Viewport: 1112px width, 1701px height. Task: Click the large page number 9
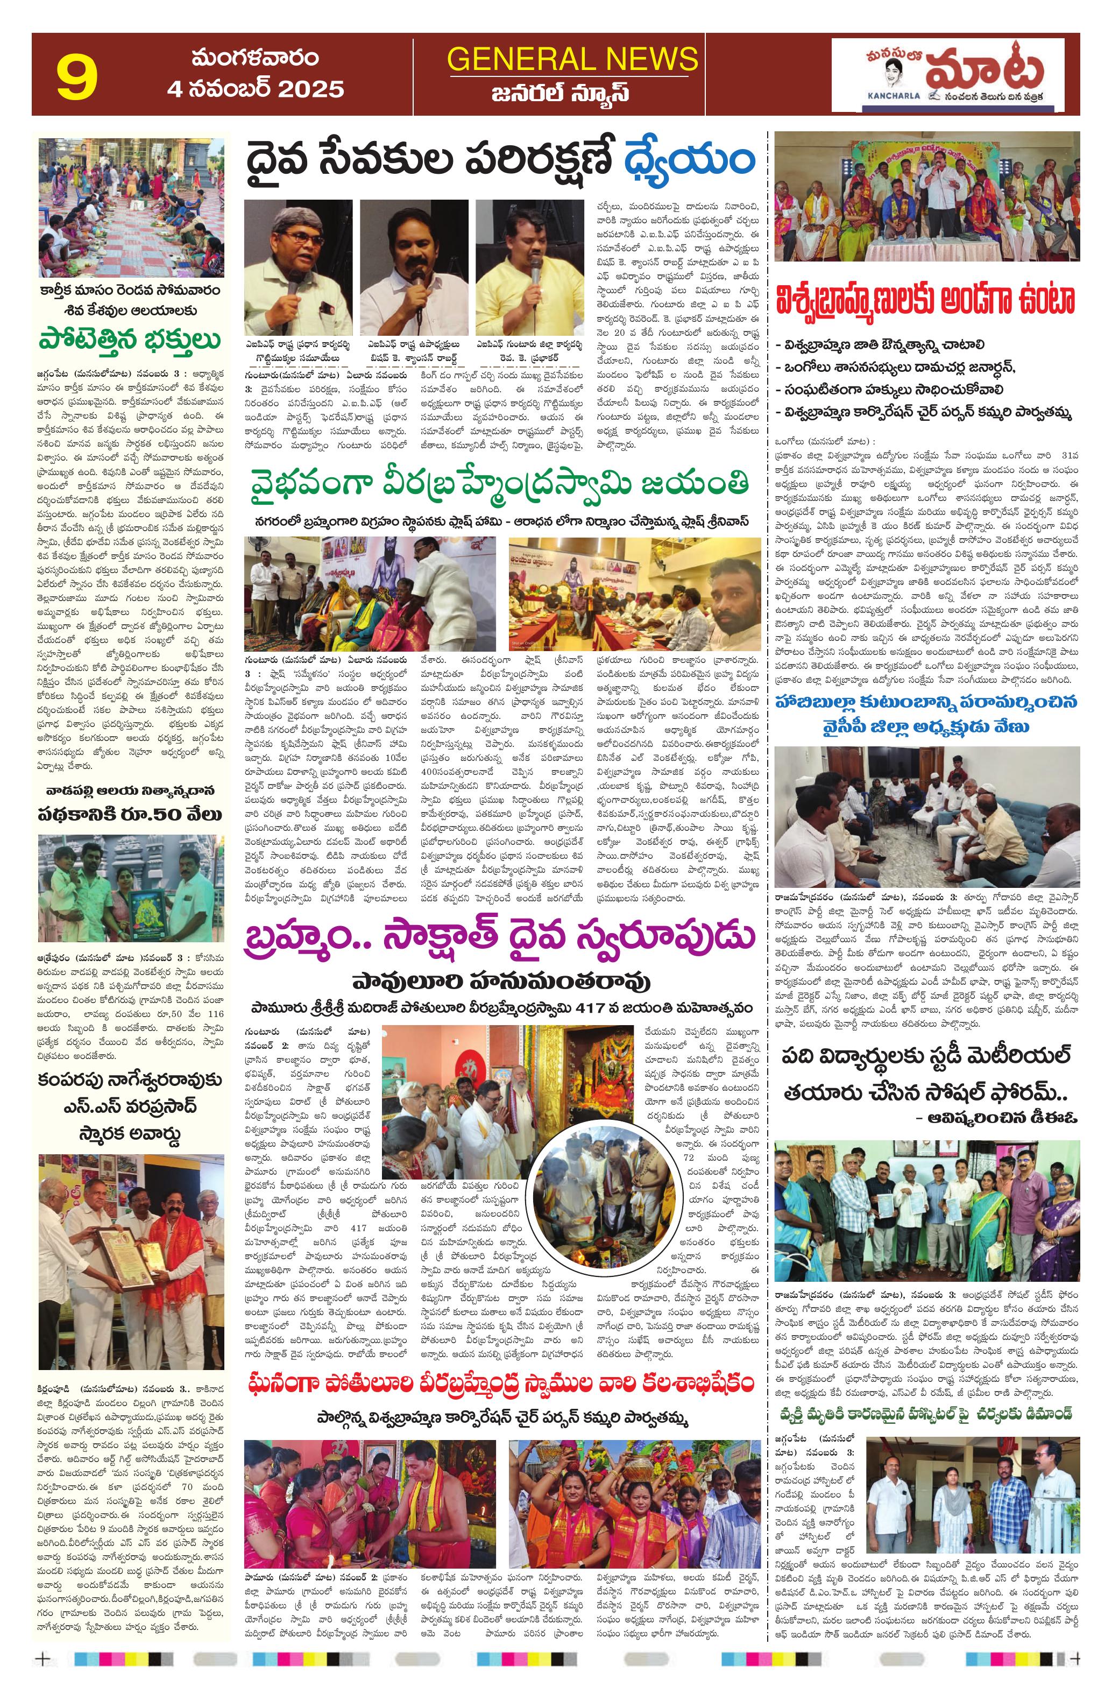pos(77,77)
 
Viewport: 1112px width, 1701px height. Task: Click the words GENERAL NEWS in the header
pos(572,59)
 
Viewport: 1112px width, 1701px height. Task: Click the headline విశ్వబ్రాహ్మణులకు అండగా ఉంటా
pos(926,301)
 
